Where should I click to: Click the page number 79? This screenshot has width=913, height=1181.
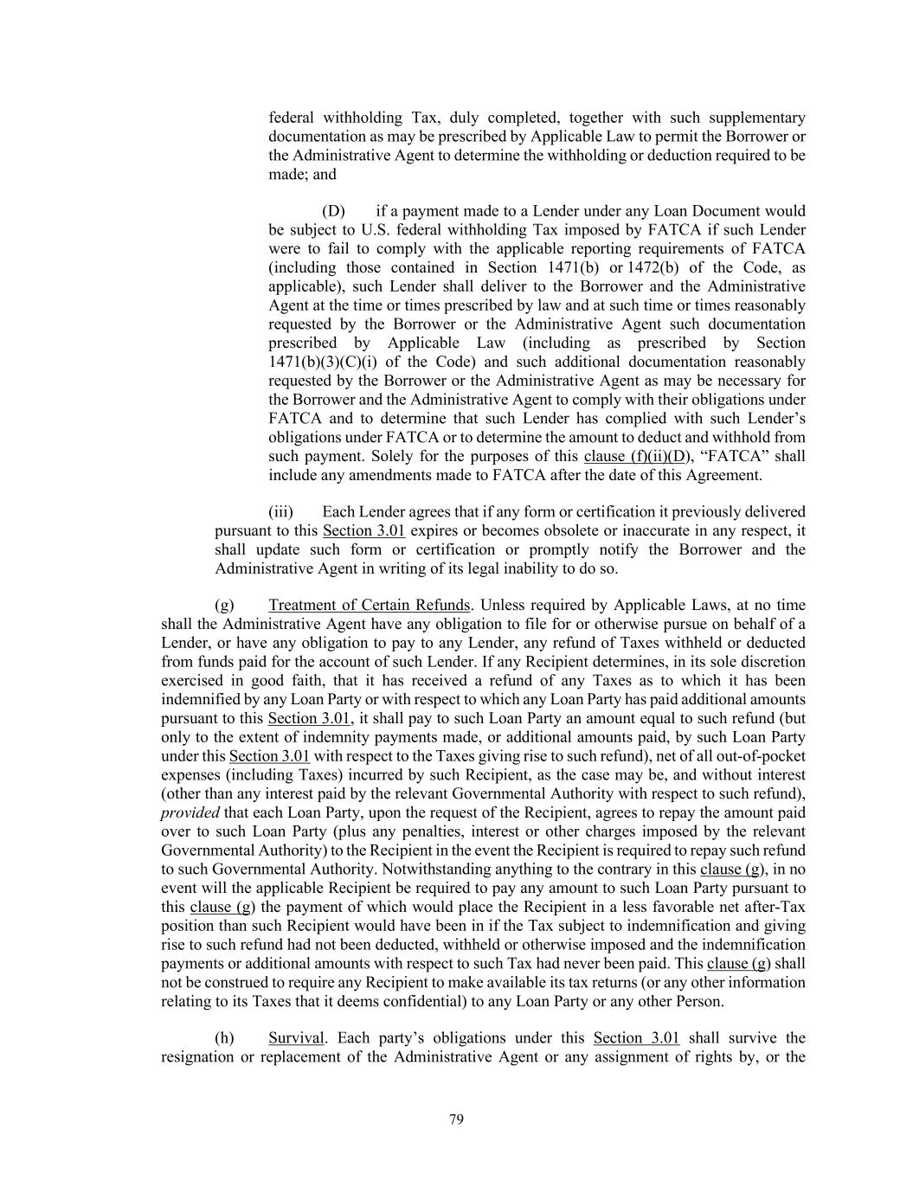(x=457, y=1120)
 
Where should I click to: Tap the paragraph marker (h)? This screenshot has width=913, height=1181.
(x=224, y=1038)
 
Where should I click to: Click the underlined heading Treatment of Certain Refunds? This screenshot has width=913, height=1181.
(x=370, y=606)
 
